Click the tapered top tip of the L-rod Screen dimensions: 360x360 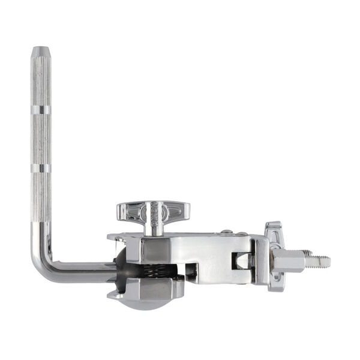click(41, 50)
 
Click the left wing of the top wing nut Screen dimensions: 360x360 click(128, 211)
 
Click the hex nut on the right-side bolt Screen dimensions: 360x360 click(290, 261)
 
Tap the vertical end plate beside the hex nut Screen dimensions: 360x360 click(260, 262)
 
